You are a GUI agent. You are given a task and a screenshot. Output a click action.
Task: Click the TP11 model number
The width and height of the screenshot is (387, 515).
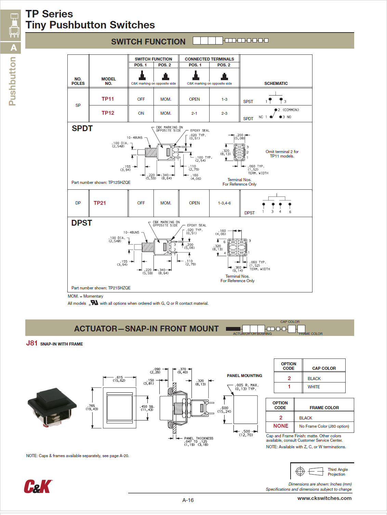[x=108, y=99]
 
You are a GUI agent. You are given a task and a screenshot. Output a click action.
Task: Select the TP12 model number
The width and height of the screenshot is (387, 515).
[x=108, y=113]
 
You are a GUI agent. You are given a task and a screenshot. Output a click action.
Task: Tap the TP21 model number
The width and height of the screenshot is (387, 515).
[x=100, y=203]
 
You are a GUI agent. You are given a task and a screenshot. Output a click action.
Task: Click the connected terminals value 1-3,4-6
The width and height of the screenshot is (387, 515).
[x=224, y=203]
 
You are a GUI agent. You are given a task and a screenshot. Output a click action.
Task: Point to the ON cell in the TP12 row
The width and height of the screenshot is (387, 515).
[x=141, y=113]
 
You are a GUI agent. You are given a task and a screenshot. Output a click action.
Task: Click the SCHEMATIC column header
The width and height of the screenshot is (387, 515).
[x=276, y=84]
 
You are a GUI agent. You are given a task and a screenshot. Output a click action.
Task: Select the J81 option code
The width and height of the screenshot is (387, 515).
[x=32, y=343]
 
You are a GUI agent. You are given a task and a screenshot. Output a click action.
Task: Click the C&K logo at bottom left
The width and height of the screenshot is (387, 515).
[x=38, y=486]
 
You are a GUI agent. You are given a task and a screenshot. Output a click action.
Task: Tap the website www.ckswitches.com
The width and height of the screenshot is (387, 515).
[x=324, y=498]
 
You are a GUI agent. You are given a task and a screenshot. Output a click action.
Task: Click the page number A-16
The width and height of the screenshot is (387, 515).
[x=188, y=500]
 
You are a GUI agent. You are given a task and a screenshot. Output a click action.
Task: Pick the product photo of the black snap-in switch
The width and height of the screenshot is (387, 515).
[x=52, y=407]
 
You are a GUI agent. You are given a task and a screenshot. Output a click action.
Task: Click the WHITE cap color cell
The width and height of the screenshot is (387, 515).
[x=314, y=387]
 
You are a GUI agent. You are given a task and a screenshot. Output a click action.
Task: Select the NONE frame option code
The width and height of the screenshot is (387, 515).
[x=281, y=426]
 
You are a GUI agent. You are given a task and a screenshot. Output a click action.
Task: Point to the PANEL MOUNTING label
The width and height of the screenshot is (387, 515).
[x=244, y=376]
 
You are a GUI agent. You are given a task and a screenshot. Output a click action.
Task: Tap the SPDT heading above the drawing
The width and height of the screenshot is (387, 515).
[x=82, y=128]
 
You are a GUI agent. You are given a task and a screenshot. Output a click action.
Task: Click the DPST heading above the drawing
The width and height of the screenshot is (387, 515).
[x=81, y=223]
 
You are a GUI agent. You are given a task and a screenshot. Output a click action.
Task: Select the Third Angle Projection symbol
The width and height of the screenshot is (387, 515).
[x=311, y=472]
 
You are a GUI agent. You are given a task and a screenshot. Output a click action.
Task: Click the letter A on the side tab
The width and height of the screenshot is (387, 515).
[x=14, y=48]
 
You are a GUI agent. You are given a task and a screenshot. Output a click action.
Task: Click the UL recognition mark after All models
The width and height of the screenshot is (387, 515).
[x=94, y=303]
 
